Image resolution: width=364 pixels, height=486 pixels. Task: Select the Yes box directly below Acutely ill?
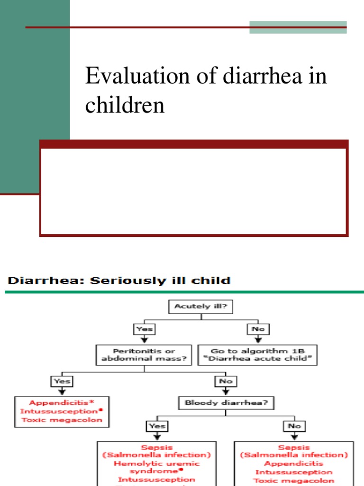[145, 328]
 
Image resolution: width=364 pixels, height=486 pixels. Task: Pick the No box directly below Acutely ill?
[258, 328]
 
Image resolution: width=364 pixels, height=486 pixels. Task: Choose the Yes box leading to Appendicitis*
[62, 381]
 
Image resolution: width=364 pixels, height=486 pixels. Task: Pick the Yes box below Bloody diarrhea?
[157, 426]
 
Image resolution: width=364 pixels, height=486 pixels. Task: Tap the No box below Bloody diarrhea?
[294, 426]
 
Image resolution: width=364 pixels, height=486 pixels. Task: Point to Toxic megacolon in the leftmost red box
[62, 420]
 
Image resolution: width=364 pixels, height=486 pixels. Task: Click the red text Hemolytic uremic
[156, 464]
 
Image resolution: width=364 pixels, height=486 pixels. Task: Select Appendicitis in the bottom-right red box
[294, 464]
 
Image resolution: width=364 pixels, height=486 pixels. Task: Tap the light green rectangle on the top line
[298, 27]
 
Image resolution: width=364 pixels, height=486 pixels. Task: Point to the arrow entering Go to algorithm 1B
[258, 339]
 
